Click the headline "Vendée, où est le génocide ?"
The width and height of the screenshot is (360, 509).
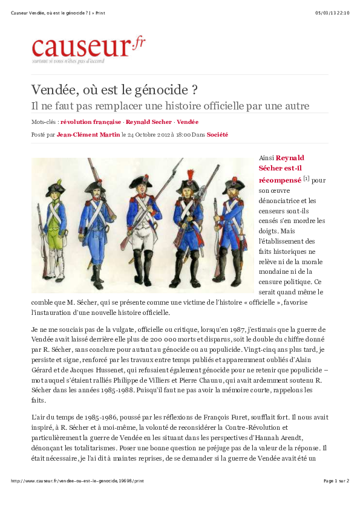(115, 90)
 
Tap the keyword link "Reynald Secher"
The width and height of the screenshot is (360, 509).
(149, 122)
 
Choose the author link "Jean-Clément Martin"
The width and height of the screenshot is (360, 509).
(88, 135)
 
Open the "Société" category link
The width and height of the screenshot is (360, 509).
(217, 135)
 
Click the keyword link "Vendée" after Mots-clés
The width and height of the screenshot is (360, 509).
(188, 122)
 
